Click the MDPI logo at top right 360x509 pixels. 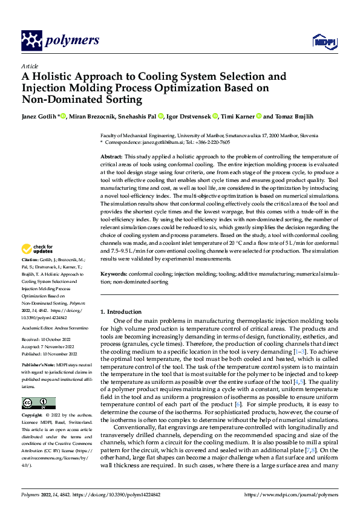tap(321, 41)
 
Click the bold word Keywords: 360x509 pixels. tap(114, 274)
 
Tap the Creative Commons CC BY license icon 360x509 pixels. tap(38, 403)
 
